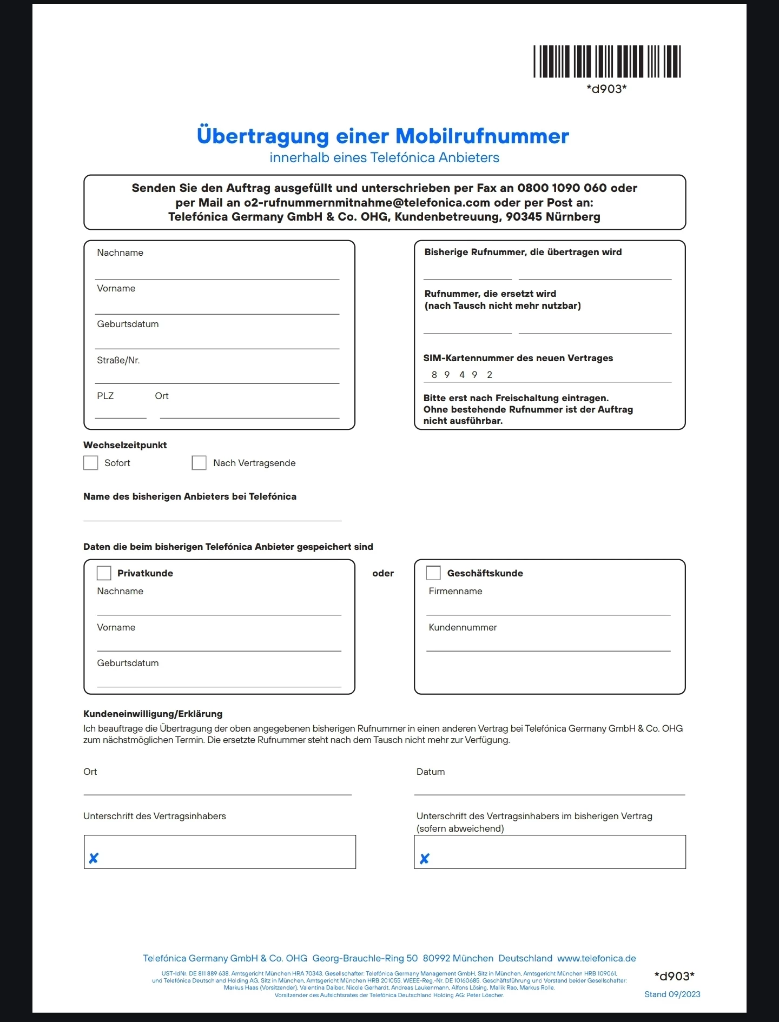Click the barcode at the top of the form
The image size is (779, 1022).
pos(606,62)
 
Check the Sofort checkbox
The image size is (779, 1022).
pos(90,463)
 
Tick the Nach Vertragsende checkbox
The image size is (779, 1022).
pos(199,463)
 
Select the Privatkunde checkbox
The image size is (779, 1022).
pos(104,573)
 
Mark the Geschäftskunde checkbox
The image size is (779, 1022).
pos(433,573)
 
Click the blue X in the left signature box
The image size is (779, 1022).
pos(94,858)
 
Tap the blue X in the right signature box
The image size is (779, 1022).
pos(425,858)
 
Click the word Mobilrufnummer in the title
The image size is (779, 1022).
pos(482,136)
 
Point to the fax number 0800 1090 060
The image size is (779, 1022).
pos(562,188)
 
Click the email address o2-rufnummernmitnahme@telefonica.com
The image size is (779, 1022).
pos(367,203)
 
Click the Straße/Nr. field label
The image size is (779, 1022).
pos(118,361)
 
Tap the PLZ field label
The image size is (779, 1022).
pos(105,396)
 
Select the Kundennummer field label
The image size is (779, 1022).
pos(463,627)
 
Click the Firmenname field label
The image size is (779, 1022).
pos(455,591)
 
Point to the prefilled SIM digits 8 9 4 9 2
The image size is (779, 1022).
pos(462,375)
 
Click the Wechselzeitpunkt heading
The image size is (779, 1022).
pos(125,445)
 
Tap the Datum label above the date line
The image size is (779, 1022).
pos(431,772)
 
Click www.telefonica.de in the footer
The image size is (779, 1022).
pos(596,958)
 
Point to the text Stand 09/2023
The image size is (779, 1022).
pos(672,994)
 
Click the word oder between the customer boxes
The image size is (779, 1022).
pos(383,573)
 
